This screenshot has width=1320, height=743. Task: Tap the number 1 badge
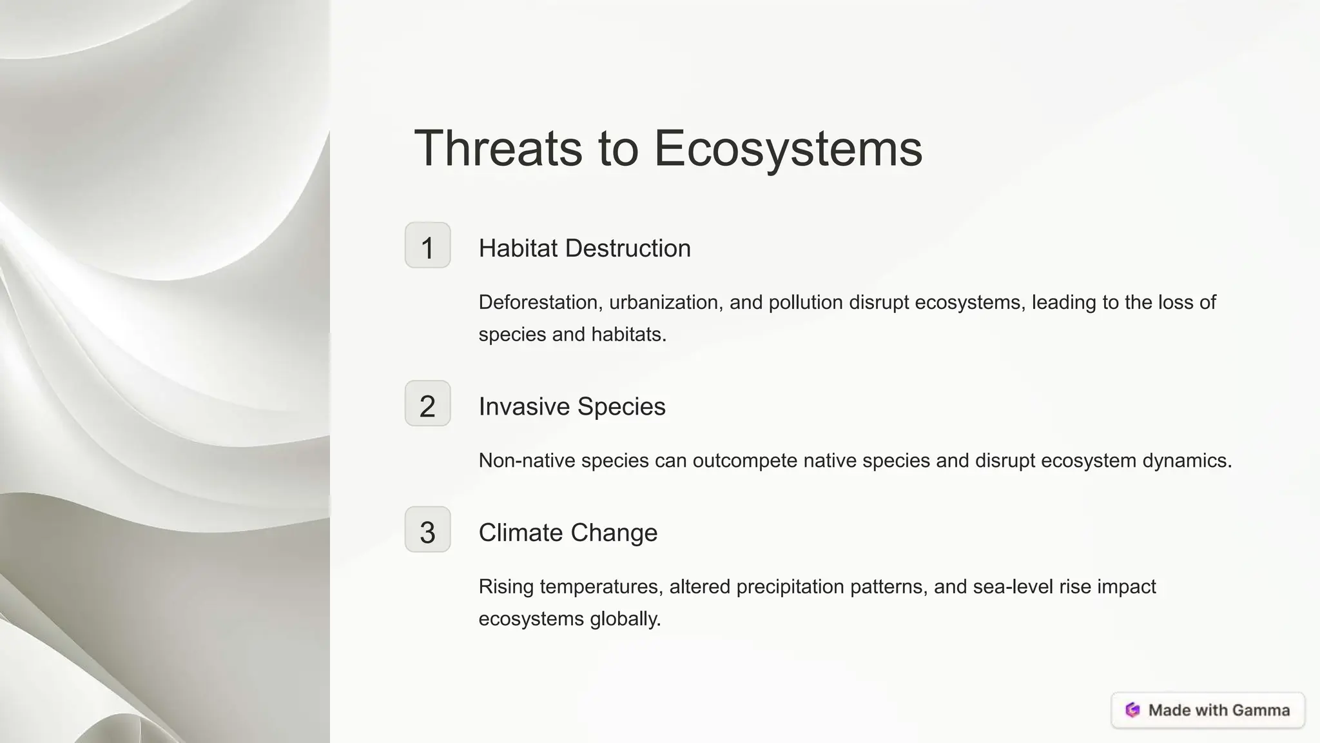427,245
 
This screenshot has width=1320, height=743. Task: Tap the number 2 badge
427,404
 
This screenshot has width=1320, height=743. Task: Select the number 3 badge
427,530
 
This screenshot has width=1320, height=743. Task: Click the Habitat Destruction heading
584,248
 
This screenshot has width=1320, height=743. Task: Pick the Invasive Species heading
572,406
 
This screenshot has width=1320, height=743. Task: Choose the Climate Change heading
567,533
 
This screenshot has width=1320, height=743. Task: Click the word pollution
805,302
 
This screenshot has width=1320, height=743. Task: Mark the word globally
625,619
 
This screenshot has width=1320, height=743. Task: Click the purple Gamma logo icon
1132,710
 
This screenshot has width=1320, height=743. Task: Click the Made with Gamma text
1219,710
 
